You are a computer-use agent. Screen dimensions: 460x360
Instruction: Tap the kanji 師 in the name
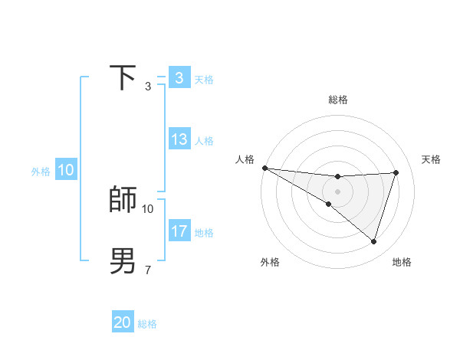(x=123, y=199)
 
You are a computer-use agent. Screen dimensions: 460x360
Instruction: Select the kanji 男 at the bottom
(x=123, y=260)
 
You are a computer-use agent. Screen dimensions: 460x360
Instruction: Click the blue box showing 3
(x=179, y=78)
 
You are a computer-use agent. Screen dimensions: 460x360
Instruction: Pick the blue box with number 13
(x=179, y=139)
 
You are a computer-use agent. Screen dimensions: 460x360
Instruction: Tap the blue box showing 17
(x=179, y=231)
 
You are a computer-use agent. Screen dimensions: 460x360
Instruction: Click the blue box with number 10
(x=66, y=171)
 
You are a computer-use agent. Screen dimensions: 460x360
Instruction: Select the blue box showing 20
(x=123, y=322)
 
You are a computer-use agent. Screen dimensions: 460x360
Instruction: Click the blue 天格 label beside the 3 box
(x=204, y=79)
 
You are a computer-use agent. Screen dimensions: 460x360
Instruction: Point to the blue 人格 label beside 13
(x=204, y=141)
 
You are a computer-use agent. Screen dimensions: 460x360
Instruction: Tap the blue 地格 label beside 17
(x=204, y=232)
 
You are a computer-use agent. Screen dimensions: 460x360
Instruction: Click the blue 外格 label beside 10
(x=41, y=172)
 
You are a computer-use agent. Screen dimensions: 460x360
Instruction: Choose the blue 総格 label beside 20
(x=147, y=324)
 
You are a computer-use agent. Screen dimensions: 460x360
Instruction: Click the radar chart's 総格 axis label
(x=337, y=100)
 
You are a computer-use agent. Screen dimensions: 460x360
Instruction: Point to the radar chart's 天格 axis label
(x=431, y=159)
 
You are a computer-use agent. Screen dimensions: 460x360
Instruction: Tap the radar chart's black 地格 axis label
(x=402, y=262)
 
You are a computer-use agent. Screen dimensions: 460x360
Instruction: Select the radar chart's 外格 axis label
(x=270, y=262)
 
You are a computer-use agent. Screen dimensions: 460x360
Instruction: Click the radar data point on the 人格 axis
(x=264, y=167)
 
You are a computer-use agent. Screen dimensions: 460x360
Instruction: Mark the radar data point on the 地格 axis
(x=373, y=241)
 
